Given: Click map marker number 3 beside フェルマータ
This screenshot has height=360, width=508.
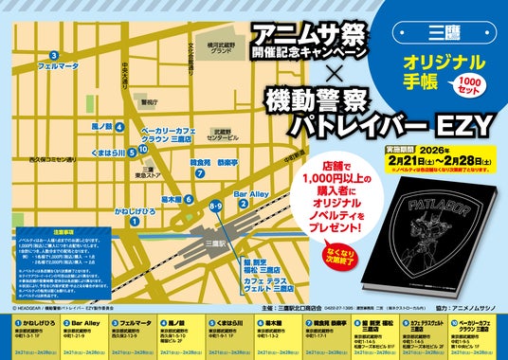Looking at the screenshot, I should tap(56, 55).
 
